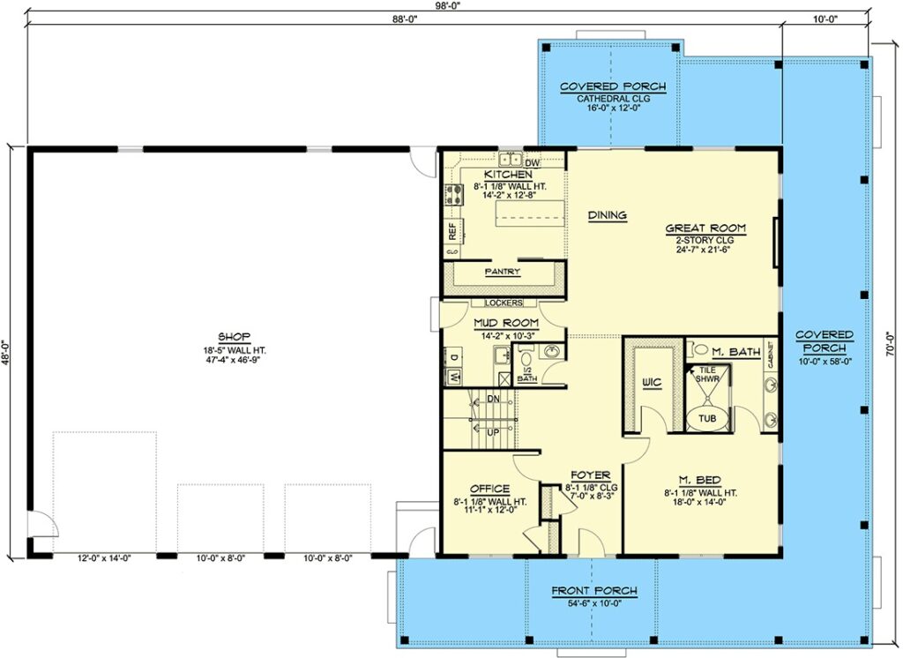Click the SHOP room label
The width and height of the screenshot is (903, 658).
(235, 337)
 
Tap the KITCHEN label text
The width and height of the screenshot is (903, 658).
(508, 175)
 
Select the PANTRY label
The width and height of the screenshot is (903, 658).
(502, 272)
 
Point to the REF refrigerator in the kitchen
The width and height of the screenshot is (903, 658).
(452, 232)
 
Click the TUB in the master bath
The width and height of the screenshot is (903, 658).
(707, 418)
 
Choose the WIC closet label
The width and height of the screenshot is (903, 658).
(652, 383)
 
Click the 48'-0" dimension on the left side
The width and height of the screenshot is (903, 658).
(6, 352)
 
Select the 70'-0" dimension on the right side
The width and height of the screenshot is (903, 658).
(891, 343)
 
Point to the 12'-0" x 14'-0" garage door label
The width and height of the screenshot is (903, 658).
(105, 557)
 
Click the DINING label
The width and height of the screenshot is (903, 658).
(608, 215)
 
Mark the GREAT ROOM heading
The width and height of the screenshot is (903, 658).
(705, 228)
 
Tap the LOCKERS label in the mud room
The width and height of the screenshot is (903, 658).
(504, 303)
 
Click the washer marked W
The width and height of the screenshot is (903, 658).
(453, 378)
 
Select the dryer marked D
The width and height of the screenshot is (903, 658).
(453, 358)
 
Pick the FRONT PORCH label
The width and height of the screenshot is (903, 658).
(594, 591)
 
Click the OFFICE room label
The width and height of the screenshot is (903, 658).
(489, 490)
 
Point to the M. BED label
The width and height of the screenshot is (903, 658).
(699, 481)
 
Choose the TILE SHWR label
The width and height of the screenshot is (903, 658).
(707, 375)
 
